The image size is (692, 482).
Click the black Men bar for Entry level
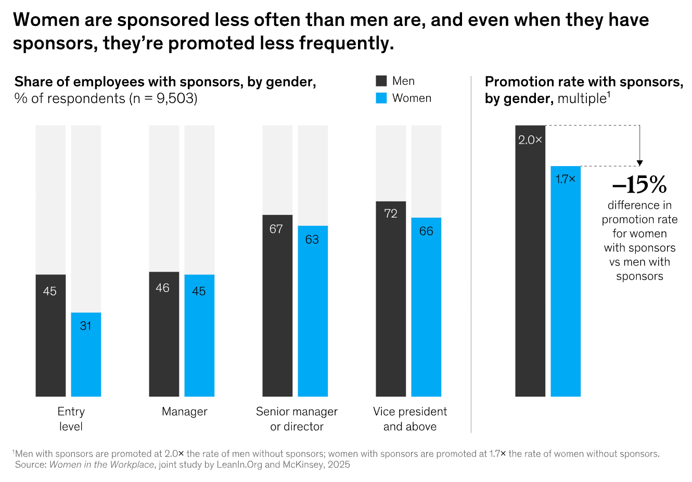pos(50,336)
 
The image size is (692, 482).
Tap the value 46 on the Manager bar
pos(162,288)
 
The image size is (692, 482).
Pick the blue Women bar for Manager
pos(199,336)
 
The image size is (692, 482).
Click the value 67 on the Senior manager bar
pos(276,229)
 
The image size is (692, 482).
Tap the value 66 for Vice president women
pos(426,231)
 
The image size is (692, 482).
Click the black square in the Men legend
pos(381,81)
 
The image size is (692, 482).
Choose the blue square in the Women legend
pos(381,98)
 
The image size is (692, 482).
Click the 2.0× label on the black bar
pos(530,140)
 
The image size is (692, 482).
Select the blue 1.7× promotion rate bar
pos(566,281)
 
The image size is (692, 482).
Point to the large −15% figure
pos(639,185)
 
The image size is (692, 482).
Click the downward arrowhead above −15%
pos(640,163)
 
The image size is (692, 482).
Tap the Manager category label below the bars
pos(185,412)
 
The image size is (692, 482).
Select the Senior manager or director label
pos(297,419)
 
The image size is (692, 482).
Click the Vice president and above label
pos(410,419)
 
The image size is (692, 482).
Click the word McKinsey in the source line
pos(304,465)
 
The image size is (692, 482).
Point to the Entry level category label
pos(71,419)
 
